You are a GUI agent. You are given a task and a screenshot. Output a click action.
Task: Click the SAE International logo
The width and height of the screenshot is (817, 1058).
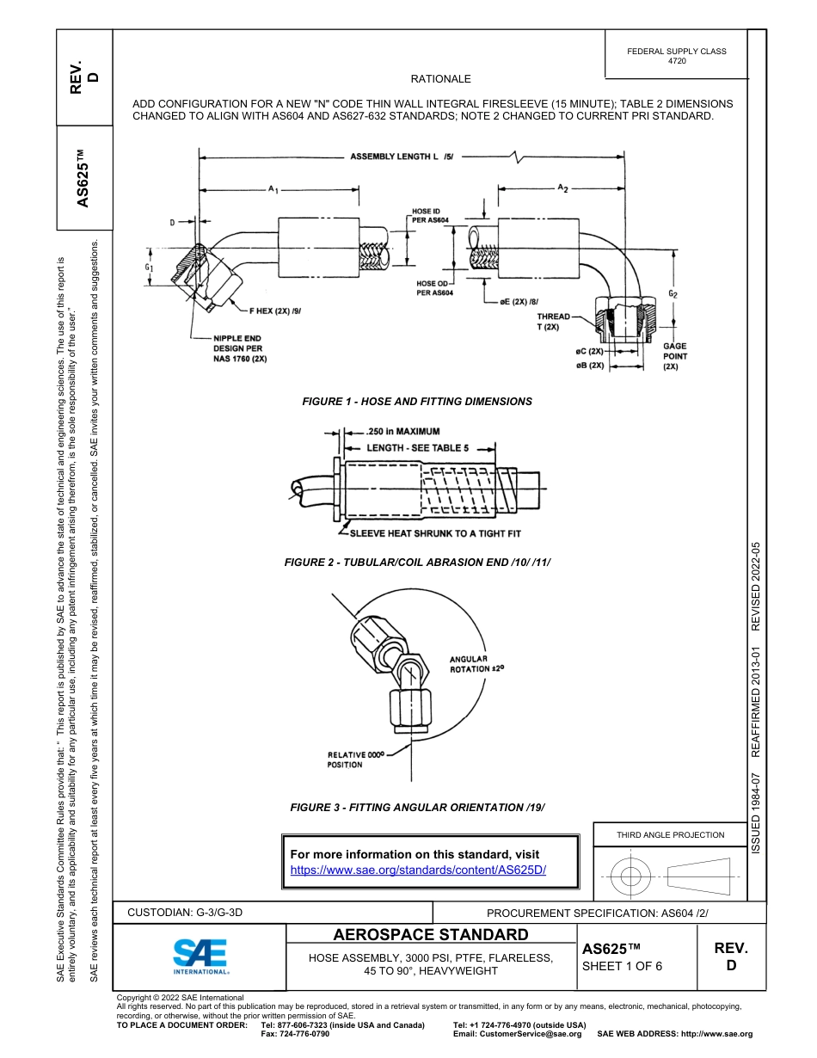pos(200,956)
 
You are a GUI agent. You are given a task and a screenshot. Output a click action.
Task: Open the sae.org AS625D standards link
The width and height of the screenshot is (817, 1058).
pos(418,870)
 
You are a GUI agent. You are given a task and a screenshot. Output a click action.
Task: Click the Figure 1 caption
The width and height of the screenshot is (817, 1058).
pos(417,402)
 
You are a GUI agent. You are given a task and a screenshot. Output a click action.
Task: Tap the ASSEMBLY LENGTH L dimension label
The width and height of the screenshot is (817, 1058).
pos(402,157)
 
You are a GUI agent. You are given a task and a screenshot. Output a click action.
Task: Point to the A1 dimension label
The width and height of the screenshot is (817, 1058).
pos(273,188)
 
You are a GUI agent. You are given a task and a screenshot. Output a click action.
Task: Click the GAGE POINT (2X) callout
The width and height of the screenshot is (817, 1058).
pos(675,356)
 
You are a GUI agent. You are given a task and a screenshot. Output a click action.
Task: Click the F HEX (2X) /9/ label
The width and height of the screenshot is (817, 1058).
pos(275,310)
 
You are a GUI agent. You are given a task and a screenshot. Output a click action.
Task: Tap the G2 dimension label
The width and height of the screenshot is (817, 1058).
pos(673,294)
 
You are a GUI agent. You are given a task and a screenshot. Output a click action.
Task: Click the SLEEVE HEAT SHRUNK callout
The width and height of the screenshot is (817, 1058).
pos(435,534)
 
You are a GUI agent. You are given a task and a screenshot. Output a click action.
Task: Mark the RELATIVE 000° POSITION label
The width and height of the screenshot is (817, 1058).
pos(353,759)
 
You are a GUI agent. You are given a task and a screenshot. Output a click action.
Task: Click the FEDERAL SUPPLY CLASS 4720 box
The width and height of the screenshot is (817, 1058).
pos(676,56)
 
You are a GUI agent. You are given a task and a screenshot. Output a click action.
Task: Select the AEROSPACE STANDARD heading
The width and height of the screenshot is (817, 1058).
pos(431,935)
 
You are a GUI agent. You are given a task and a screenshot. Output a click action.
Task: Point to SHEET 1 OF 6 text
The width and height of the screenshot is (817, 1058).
pos(622,966)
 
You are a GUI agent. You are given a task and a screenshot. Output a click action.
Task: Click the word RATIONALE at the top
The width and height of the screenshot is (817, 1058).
pos(440,79)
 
